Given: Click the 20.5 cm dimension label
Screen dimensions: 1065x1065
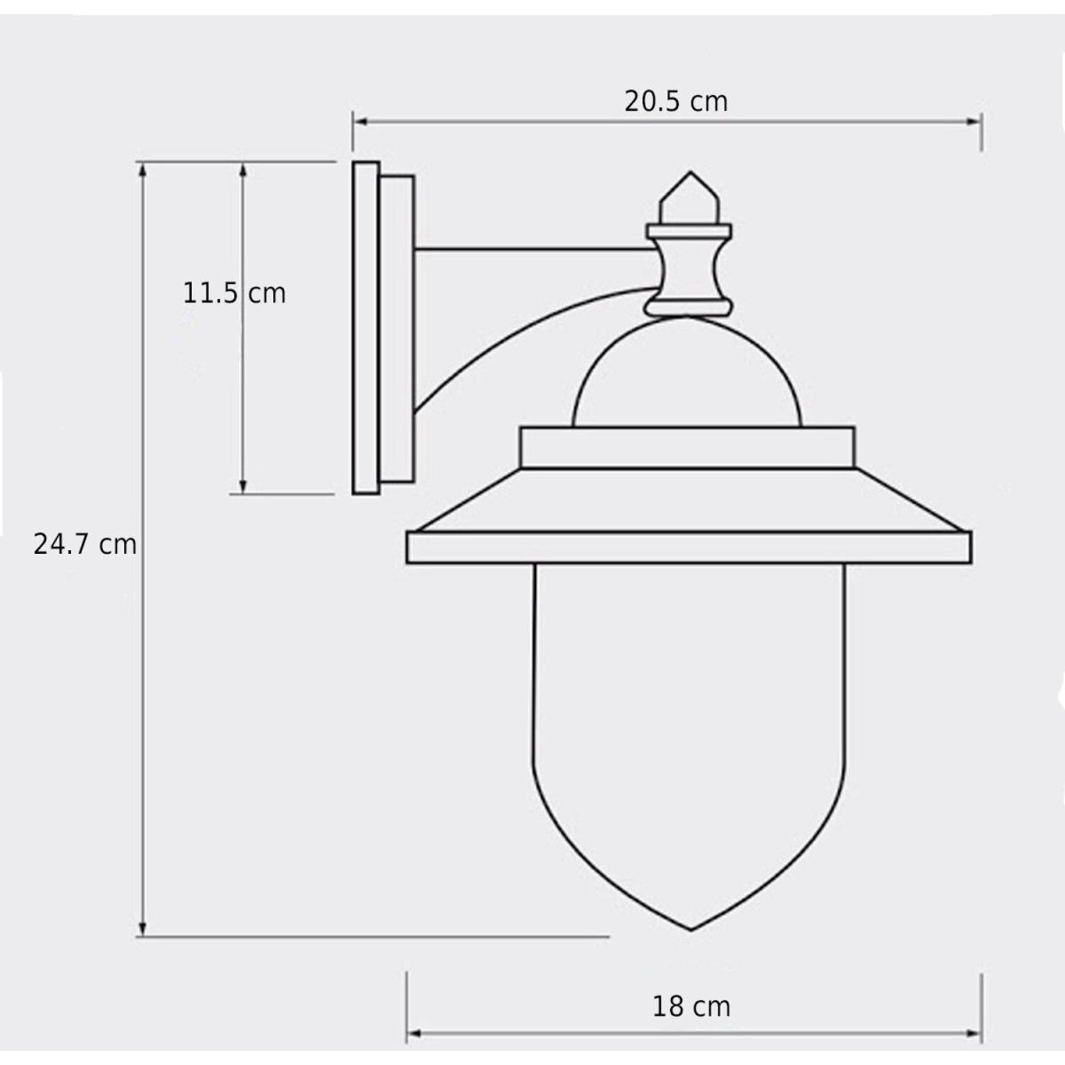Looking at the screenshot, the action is pos(676,102).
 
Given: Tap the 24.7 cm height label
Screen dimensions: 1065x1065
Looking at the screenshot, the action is pos(85,544).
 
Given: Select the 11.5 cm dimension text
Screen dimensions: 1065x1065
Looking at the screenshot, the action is pos(234,293).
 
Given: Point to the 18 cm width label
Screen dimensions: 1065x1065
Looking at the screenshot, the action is pos(691,1006).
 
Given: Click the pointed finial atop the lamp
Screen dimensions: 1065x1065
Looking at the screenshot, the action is pos(690,197).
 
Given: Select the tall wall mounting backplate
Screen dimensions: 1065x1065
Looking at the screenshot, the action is pos(366,327).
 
